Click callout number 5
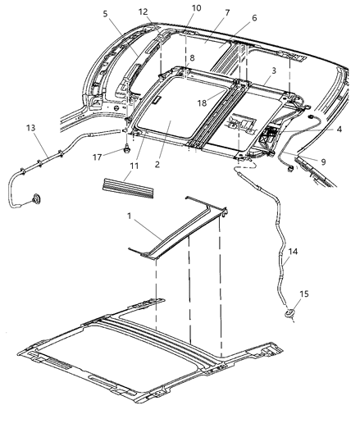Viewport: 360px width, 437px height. [106, 14]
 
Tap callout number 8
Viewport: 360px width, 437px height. [192, 58]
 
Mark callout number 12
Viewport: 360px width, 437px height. [143, 11]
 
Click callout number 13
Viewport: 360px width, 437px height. [30, 128]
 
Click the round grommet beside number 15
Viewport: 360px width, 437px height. [289, 312]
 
